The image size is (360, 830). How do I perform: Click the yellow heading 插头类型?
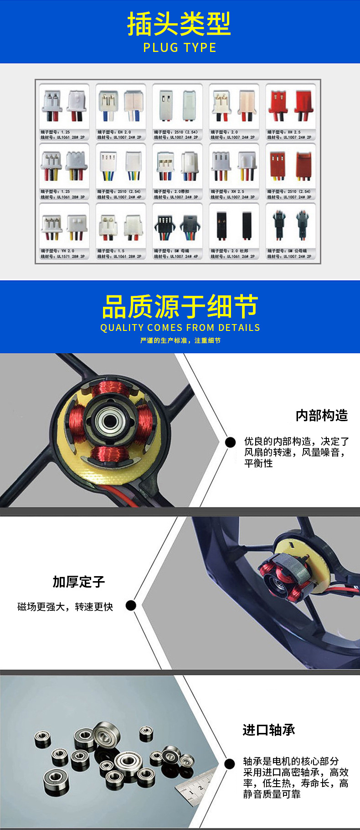(x=179, y=24)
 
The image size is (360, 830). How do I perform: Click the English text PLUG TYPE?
(x=180, y=47)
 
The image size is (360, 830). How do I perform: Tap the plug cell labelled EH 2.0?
(x=121, y=112)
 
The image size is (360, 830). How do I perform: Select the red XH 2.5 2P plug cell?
(x=291, y=112)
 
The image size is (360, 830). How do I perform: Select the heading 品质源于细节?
(x=180, y=307)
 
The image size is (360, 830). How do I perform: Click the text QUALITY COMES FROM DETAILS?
(x=180, y=328)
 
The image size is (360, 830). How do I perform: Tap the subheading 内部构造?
(x=321, y=415)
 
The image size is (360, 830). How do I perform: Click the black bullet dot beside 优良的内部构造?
(x=231, y=442)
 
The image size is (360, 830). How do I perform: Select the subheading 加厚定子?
(x=79, y=582)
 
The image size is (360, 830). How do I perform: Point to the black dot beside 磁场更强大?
(x=131, y=605)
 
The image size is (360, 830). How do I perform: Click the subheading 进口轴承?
(x=269, y=730)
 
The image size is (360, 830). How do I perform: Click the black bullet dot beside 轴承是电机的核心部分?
(x=230, y=764)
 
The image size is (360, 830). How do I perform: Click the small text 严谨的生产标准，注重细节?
(x=180, y=340)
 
